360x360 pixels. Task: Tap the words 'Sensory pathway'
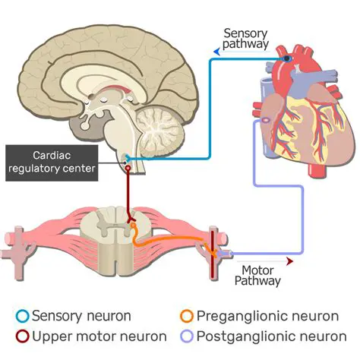[x=245, y=39]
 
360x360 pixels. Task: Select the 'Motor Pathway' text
[x=261, y=275]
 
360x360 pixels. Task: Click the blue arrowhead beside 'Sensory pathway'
[x=216, y=51]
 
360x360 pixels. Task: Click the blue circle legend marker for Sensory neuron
[x=24, y=315]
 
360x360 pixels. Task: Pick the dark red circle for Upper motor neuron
[x=24, y=336]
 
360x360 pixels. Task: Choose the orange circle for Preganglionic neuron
[x=186, y=315]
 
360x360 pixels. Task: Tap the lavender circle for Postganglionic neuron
[x=186, y=336]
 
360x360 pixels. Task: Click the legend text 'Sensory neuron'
[x=81, y=315]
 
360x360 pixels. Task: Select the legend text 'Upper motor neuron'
[x=96, y=336]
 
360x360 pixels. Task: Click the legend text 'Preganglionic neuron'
[x=258, y=315]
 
